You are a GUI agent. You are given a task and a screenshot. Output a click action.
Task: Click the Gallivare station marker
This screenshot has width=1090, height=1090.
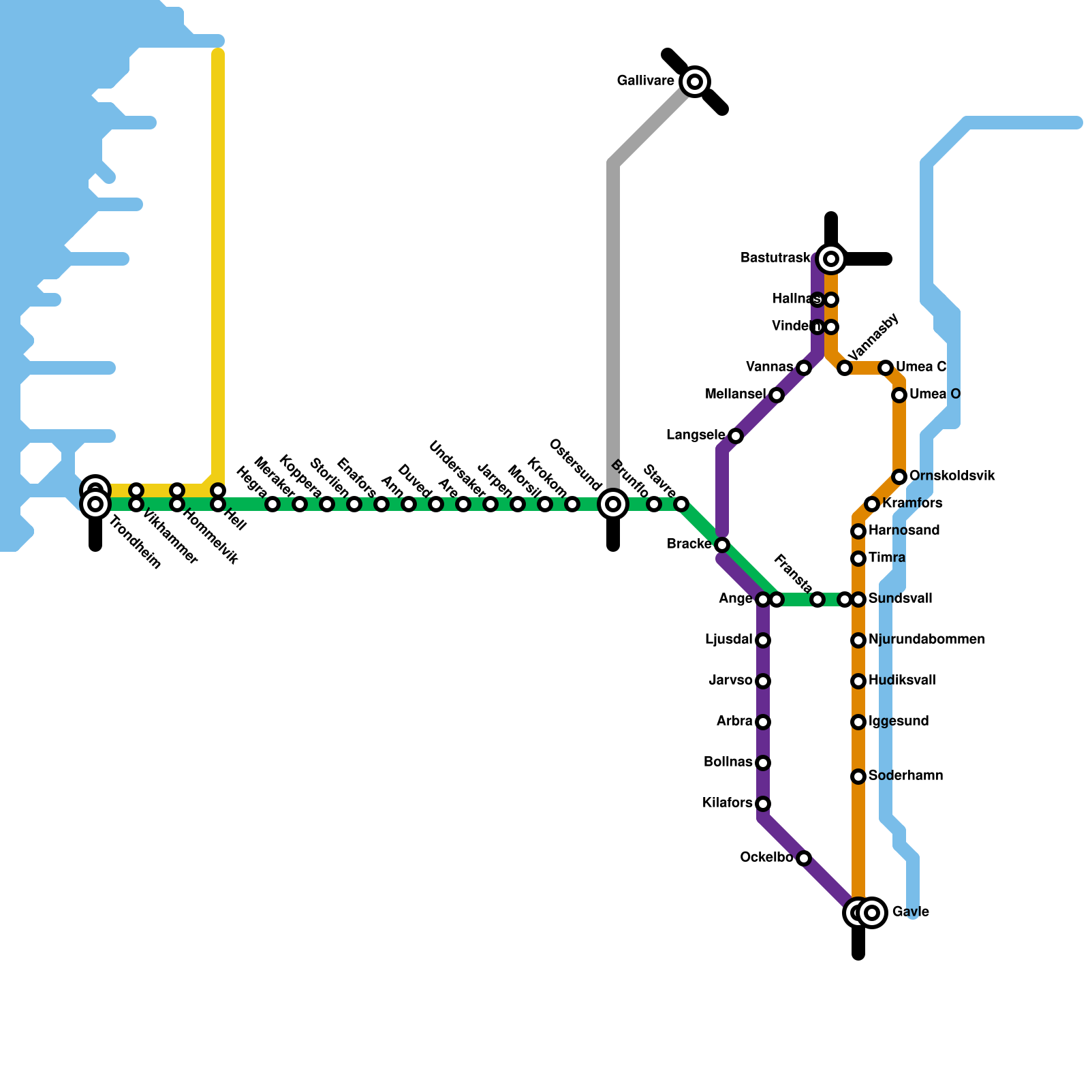click(x=695, y=82)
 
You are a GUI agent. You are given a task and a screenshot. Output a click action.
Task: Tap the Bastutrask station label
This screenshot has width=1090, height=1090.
click(x=775, y=258)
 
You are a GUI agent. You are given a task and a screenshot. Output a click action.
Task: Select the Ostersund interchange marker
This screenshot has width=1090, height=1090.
click(x=613, y=504)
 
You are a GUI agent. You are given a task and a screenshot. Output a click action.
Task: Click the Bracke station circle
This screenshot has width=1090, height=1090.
click(x=722, y=545)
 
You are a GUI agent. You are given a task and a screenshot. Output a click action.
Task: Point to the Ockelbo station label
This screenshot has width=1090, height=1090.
click(x=766, y=858)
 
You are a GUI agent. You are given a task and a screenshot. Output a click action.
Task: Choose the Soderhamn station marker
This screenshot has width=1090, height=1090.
click(x=858, y=777)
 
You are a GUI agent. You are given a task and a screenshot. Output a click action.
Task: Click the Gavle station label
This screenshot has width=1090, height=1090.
click(x=911, y=912)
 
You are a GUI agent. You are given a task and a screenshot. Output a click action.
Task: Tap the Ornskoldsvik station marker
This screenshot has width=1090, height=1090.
click(x=899, y=477)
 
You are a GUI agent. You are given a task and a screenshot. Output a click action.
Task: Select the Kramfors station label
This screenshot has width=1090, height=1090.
click(x=912, y=503)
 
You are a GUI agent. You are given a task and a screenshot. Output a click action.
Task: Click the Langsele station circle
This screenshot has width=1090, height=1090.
click(x=736, y=436)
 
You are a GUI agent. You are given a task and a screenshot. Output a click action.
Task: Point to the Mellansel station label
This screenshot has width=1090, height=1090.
click(x=735, y=394)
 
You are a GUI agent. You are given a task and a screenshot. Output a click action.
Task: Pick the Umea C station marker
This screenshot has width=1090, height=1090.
click(x=886, y=368)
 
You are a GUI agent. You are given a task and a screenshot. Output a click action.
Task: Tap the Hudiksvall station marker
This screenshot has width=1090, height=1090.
click(x=858, y=681)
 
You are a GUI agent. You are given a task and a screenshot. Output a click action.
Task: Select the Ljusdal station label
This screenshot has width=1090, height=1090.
click(x=728, y=640)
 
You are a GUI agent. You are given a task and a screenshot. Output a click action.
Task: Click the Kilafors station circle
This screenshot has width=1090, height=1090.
click(x=763, y=804)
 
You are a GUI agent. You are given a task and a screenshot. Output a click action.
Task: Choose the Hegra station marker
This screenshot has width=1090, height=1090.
click(x=272, y=504)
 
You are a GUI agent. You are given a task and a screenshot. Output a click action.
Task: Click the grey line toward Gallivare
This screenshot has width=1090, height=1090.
click(x=613, y=307)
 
